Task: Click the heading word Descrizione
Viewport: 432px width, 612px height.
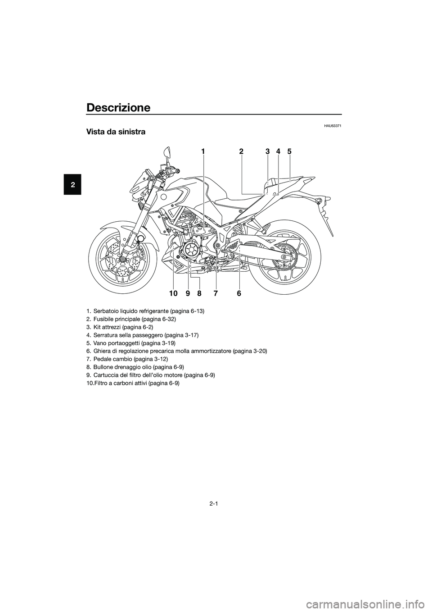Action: pyautogui.click(x=118, y=108)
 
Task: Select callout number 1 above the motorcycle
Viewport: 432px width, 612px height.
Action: pyautogui.click(x=203, y=151)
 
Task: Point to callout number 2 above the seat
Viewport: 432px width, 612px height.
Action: pyautogui.click(x=241, y=151)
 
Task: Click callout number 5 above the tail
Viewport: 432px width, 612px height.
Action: pyautogui.click(x=289, y=151)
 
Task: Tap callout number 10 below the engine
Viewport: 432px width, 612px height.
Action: pyautogui.click(x=173, y=294)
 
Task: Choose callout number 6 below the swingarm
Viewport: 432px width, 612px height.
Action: pyautogui.click(x=239, y=294)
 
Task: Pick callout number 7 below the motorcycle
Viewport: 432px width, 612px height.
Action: pyautogui.click(x=216, y=294)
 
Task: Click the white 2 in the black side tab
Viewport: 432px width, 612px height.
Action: pyautogui.click(x=72, y=184)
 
